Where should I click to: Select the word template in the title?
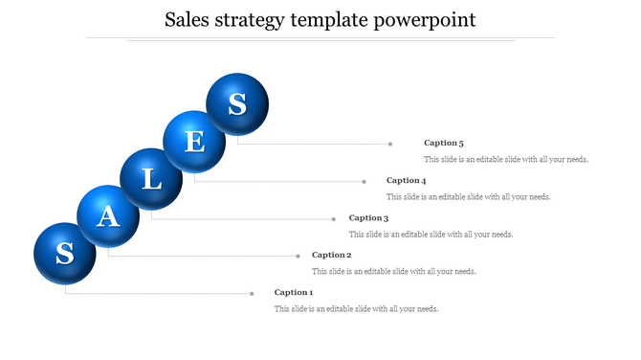[x=328, y=20]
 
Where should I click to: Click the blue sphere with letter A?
[x=108, y=216]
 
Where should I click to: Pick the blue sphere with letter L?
[x=151, y=179]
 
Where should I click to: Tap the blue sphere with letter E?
[x=194, y=142]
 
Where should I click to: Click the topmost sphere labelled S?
[x=237, y=103]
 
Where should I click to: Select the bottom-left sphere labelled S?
[x=65, y=254]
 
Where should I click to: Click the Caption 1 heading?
[x=294, y=292]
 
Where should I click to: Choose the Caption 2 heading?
[x=332, y=255]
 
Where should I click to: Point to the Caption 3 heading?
[x=368, y=218]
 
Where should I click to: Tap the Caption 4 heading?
[x=406, y=180]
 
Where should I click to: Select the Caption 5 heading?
[x=444, y=143]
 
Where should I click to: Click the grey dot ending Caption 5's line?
[x=390, y=144]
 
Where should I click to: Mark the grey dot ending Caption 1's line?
[x=252, y=293]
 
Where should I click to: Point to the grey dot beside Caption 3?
[x=335, y=218]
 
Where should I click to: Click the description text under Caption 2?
[x=394, y=271]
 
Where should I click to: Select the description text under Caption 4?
[x=468, y=196]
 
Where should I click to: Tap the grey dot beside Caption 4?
[x=364, y=181]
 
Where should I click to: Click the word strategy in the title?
[x=250, y=20]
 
